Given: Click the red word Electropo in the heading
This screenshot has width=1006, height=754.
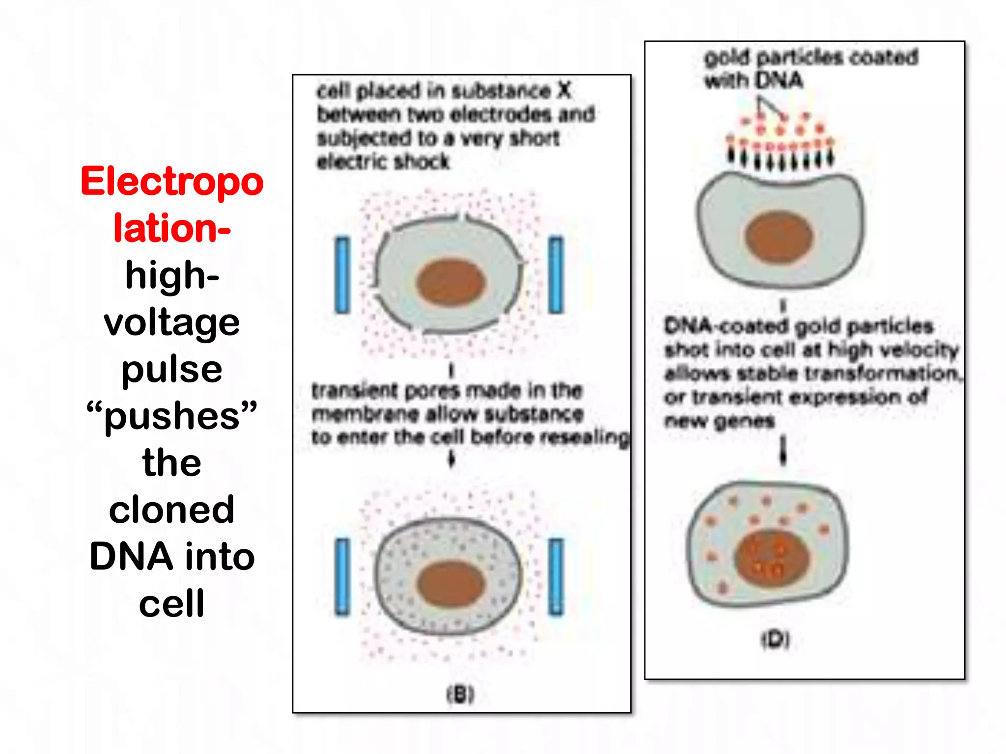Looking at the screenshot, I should [172, 182].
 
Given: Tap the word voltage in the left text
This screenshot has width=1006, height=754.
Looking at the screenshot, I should [171, 323].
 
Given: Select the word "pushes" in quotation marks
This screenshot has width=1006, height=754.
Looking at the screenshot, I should [171, 416].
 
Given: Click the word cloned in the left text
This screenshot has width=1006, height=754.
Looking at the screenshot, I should [171, 510].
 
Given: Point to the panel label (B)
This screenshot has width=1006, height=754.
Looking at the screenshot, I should [460, 694].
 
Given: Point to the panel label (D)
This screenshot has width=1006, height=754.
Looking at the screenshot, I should [776, 639].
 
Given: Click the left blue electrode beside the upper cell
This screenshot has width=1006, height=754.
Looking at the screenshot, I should [342, 275].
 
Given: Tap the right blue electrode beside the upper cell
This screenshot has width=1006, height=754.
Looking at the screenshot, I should [556, 275].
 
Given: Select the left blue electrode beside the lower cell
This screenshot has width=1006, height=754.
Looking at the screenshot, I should [342, 577].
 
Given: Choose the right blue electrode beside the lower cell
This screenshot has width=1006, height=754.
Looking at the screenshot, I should [556, 577].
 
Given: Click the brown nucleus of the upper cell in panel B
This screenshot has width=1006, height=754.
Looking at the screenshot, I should [451, 283].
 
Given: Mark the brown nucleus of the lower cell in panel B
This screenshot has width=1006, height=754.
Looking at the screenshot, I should [451, 584].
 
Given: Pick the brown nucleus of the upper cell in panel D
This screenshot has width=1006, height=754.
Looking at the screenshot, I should [779, 237].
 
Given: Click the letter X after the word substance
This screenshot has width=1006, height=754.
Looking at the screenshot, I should [564, 90].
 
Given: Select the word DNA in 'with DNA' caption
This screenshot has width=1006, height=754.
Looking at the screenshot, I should [779, 80].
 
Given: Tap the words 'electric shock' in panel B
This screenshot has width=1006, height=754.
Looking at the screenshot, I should [383, 162].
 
